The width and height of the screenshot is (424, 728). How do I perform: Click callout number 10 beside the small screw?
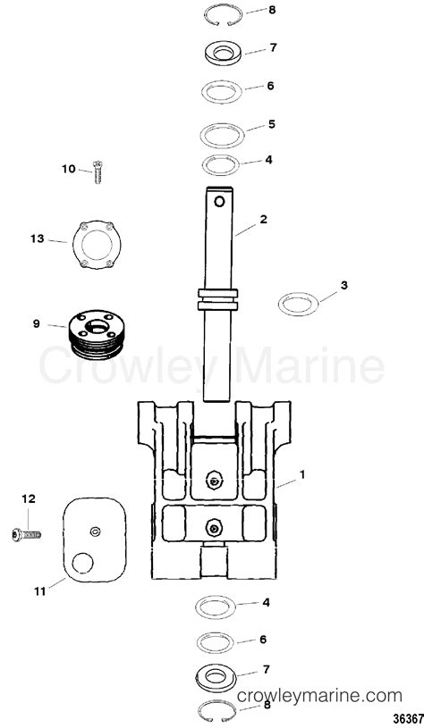tap(69, 169)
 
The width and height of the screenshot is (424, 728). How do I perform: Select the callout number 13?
tap(37, 238)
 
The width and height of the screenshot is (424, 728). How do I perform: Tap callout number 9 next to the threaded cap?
tap(37, 323)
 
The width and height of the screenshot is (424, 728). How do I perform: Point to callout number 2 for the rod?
tap(264, 218)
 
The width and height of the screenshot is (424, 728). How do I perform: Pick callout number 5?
tap(272, 125)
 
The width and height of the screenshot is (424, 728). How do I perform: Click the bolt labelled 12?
tap(27, 535)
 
